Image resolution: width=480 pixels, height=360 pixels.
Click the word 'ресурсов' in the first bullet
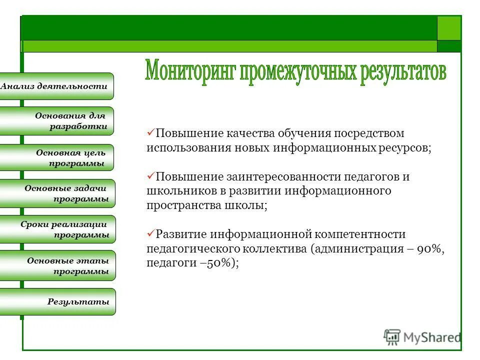click(x=404, y=148)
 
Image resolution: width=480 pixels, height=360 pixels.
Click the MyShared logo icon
click(x=392, y=337)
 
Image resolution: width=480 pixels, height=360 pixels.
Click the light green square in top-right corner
click(x=448, y=28)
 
